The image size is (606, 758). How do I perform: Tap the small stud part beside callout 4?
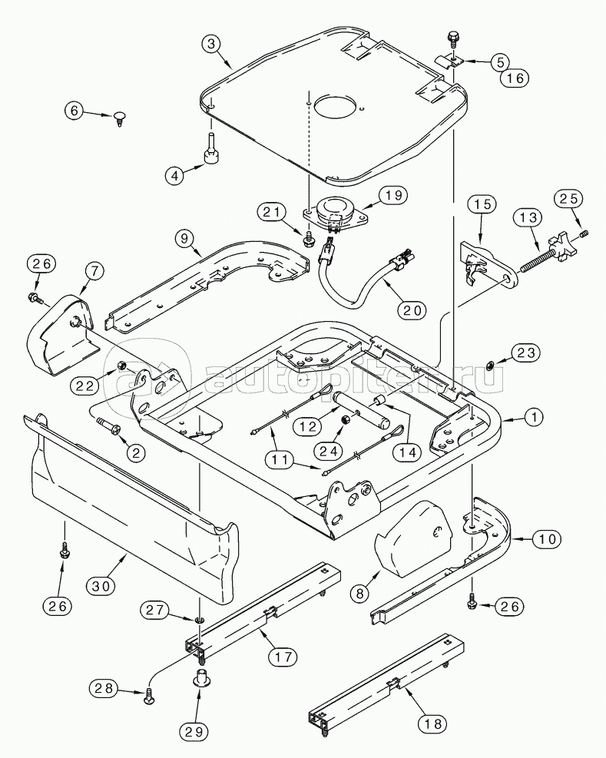[x=210, y=150]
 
